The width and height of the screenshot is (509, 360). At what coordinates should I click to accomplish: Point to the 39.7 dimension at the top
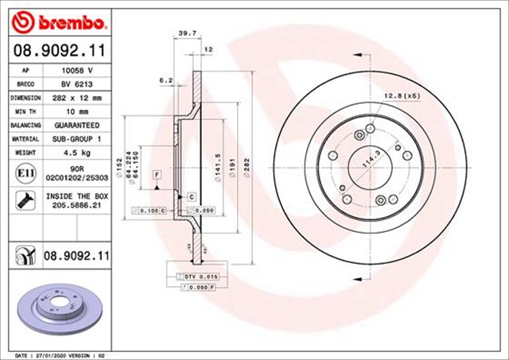point(186,34)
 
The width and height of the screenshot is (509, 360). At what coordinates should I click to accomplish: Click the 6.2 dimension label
point(166,81)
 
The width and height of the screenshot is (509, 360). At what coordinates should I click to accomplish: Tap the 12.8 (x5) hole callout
point(402,95)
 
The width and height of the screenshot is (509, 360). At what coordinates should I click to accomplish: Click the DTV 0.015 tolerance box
point(191,276)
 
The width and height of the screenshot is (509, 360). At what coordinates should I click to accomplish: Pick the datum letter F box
point(157,173)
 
